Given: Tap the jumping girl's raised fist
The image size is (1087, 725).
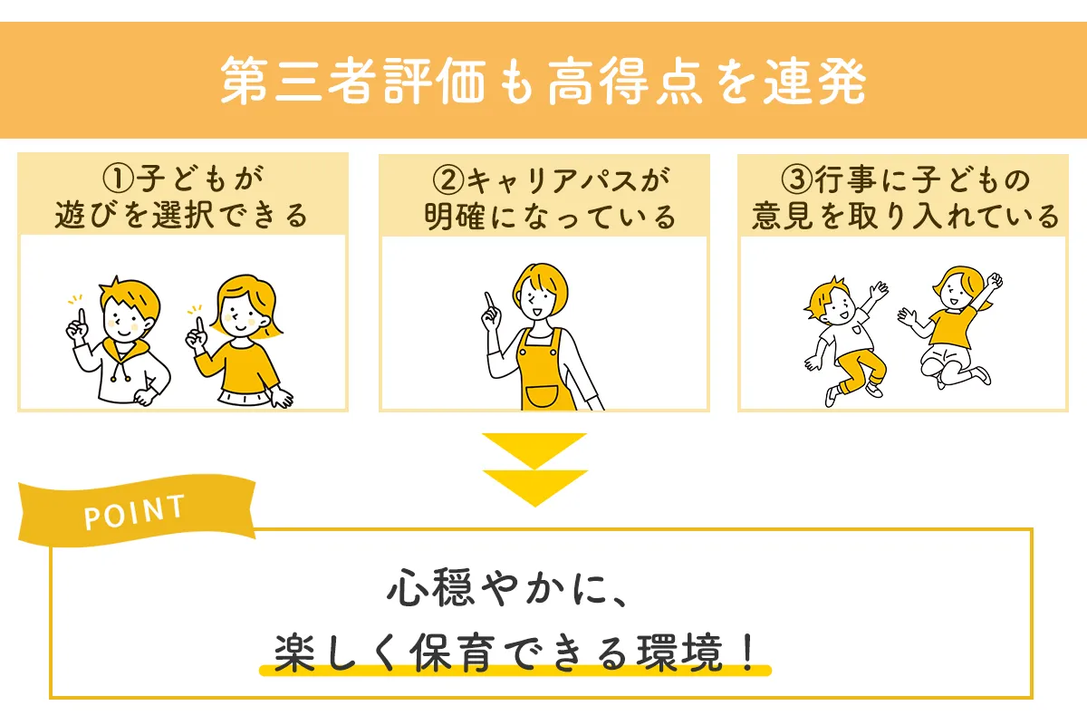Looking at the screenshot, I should pyautogui.click(x=996, y=278).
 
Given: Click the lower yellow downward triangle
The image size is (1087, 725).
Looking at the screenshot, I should pyautogui.click(x=534, y=487).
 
